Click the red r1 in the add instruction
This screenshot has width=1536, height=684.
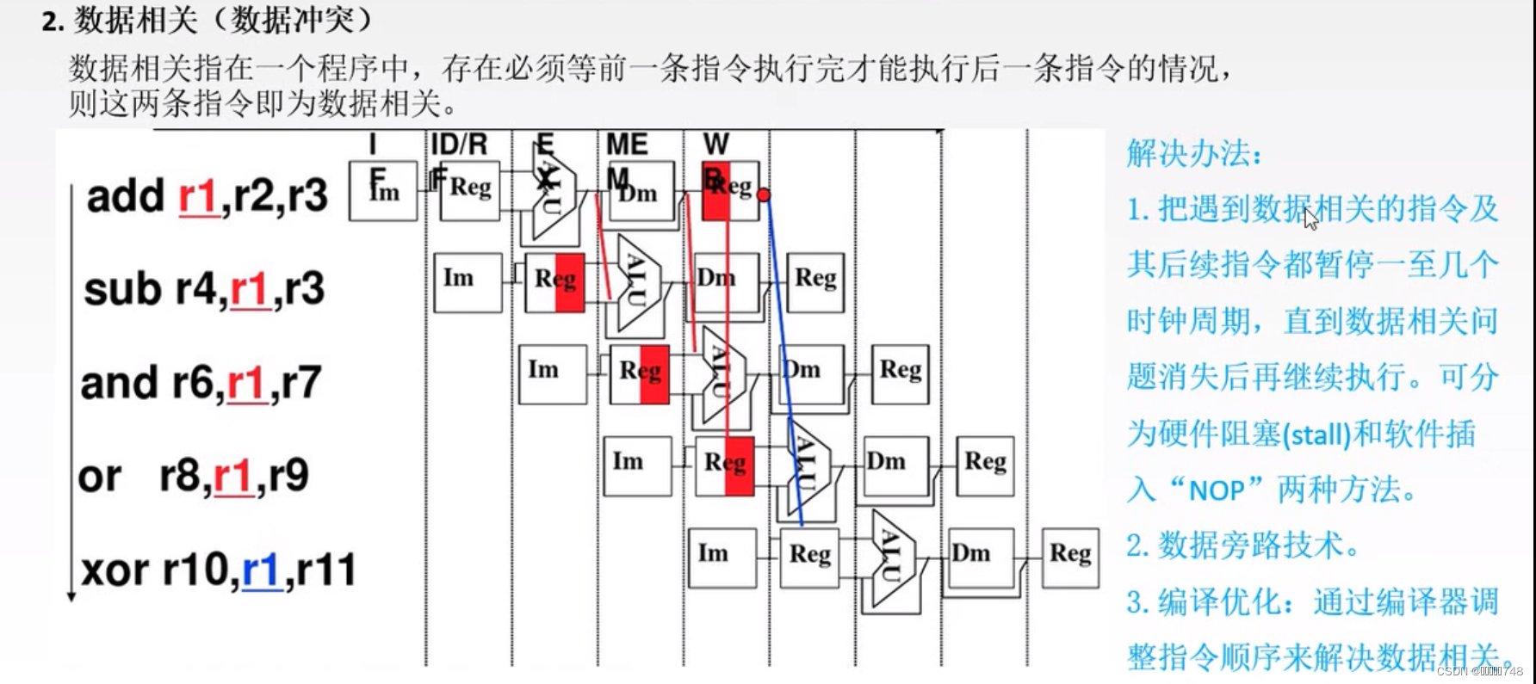198,196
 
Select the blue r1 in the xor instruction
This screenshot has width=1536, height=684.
262,570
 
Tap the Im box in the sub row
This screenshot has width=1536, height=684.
468,281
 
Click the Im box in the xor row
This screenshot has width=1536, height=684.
722,557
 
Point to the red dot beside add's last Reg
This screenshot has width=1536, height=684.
764,195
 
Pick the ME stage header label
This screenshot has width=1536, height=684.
627,144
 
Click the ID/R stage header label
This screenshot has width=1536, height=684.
459,144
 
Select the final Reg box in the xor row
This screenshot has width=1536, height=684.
1070,557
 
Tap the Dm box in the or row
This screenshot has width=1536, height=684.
895,465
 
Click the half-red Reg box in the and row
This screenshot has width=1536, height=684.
640,373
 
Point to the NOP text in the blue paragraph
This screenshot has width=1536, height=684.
1217,490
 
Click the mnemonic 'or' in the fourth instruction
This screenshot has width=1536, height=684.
100,477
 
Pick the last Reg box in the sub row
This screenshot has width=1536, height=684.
814,281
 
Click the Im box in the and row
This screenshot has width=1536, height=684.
552,373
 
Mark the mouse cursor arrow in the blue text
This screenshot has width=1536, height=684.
1310,219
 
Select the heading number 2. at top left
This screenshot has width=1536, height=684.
53,21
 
